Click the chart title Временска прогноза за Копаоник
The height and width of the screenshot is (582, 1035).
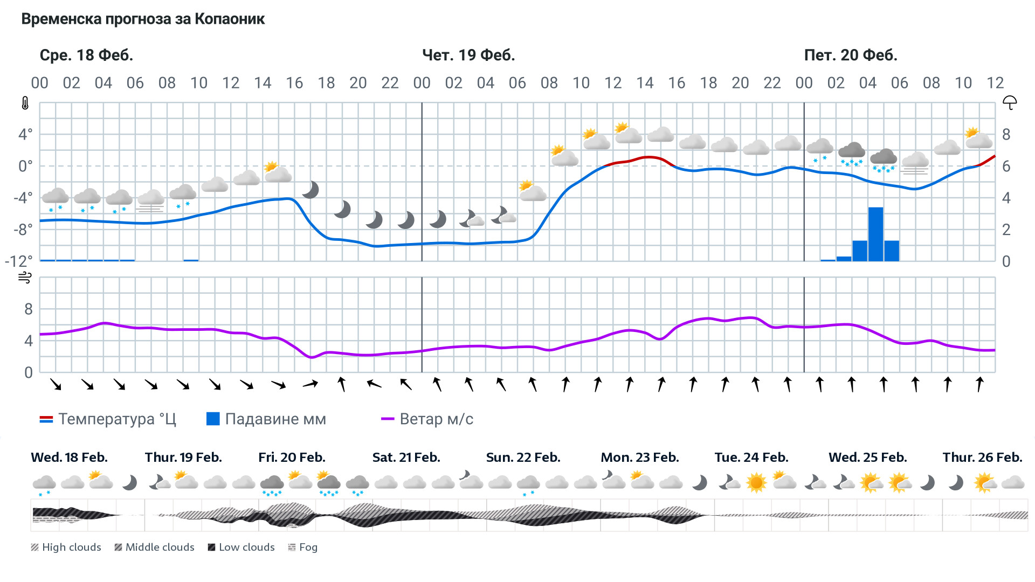pos(143,19)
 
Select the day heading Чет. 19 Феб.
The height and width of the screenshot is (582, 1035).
pos(468,55)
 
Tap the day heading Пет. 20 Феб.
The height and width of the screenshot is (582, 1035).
pos(850,55)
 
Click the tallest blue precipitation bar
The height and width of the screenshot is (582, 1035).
pos(875,234)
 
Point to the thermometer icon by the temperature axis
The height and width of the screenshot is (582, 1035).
pos(25,103)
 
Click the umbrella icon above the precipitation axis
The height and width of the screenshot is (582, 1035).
pos(1009,102)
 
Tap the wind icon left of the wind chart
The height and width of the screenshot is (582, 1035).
pos(25,278)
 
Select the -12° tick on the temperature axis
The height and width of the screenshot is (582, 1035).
pos(18,261)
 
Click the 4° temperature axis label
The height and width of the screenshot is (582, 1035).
pos(25,134)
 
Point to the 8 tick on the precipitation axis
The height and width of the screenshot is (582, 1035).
pos(1006,135)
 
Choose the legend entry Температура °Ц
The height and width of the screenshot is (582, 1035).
pos(108,419)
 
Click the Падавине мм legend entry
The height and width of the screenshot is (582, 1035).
pos(266,419)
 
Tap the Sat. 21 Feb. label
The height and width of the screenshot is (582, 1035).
pos(406,458)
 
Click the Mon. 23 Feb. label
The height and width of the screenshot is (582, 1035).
pos(639,458)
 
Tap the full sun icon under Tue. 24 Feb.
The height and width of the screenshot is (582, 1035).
pos(756,482)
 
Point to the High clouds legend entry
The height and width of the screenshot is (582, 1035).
pos(66,548)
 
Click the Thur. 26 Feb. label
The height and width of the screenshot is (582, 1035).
pos(982,458)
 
